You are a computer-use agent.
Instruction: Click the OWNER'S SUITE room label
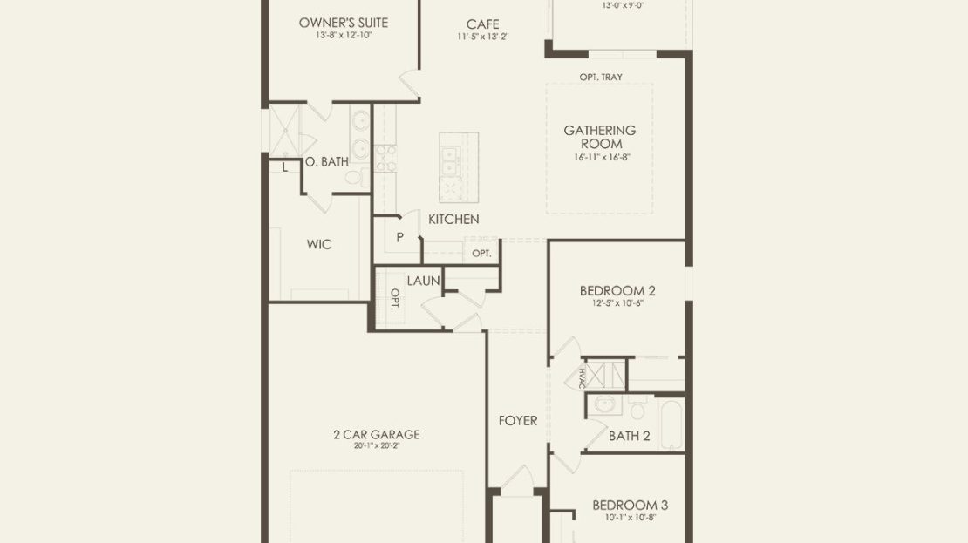(344, 23)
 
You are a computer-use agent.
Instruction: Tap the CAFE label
(483, 24)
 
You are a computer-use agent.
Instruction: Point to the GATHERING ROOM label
(600, 137)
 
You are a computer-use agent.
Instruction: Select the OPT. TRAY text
(601, 77)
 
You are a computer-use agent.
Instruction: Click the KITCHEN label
(453, 219)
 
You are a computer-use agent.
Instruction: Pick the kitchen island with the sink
(459, 167)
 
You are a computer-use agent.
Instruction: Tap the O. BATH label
(326, 161)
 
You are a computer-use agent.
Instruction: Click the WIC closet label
(319, 244)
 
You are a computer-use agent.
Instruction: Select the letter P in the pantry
(400, 237)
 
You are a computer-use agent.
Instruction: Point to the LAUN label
(424, 281)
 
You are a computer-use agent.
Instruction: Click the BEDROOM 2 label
(617, 290)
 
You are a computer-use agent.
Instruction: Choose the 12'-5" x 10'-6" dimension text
(617, 303)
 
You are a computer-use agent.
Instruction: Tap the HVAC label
(583, 377)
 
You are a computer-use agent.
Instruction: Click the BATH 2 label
(629, 436)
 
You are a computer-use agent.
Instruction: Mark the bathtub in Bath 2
(671, 424)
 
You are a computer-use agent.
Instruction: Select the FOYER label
(518, 420)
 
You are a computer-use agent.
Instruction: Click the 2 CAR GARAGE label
(377, 434)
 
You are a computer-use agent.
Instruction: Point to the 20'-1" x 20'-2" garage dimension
(377, 445)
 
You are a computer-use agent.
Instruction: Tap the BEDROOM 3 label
(630, 506)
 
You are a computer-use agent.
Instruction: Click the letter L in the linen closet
(284, 167)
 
